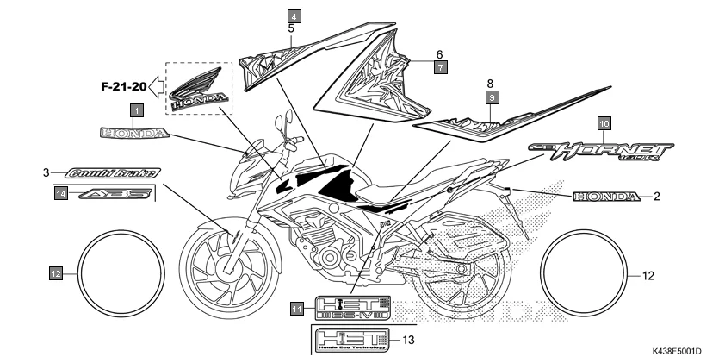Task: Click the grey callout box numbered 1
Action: coord(136,110)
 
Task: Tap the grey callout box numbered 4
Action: coord(294,16)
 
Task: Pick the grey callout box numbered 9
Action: coord(492,98)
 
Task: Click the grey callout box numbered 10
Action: coord(604,124)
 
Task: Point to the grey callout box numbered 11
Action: coord(297,309)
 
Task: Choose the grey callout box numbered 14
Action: coord(61,195)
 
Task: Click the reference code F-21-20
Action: coord(120,86)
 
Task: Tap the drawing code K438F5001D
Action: coord(678,351)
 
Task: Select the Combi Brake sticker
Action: coord(110,173)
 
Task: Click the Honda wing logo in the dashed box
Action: coord(200,90)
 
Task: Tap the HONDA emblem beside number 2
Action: coord(607,197)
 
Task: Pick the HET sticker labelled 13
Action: coord(353,340)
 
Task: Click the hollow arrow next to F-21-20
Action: coord(157,85)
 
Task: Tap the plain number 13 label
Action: coord(409,340)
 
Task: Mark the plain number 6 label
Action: coord(439,53)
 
